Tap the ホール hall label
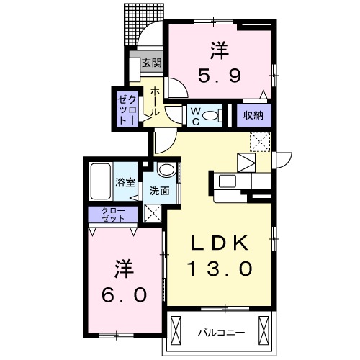155,102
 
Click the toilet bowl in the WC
210,115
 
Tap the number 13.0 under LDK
220,269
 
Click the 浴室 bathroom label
125,182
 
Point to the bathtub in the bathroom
101,182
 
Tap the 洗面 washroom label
159,191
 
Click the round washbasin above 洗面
165,171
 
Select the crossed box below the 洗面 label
153,212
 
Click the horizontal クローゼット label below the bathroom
114,214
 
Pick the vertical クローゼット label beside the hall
127,109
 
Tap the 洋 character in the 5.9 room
220,50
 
